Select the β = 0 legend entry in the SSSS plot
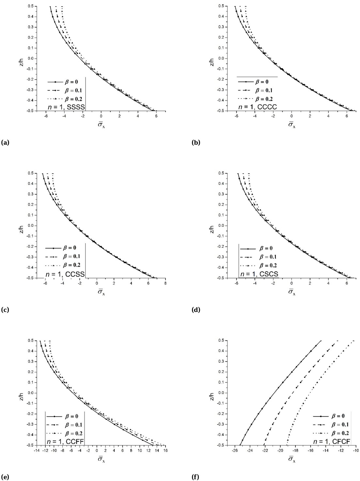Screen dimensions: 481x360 [63, 82]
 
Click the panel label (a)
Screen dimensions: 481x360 [5, 142]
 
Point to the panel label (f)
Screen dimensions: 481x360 [195, 477]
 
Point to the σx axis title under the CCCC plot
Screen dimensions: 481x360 [291, 125]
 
